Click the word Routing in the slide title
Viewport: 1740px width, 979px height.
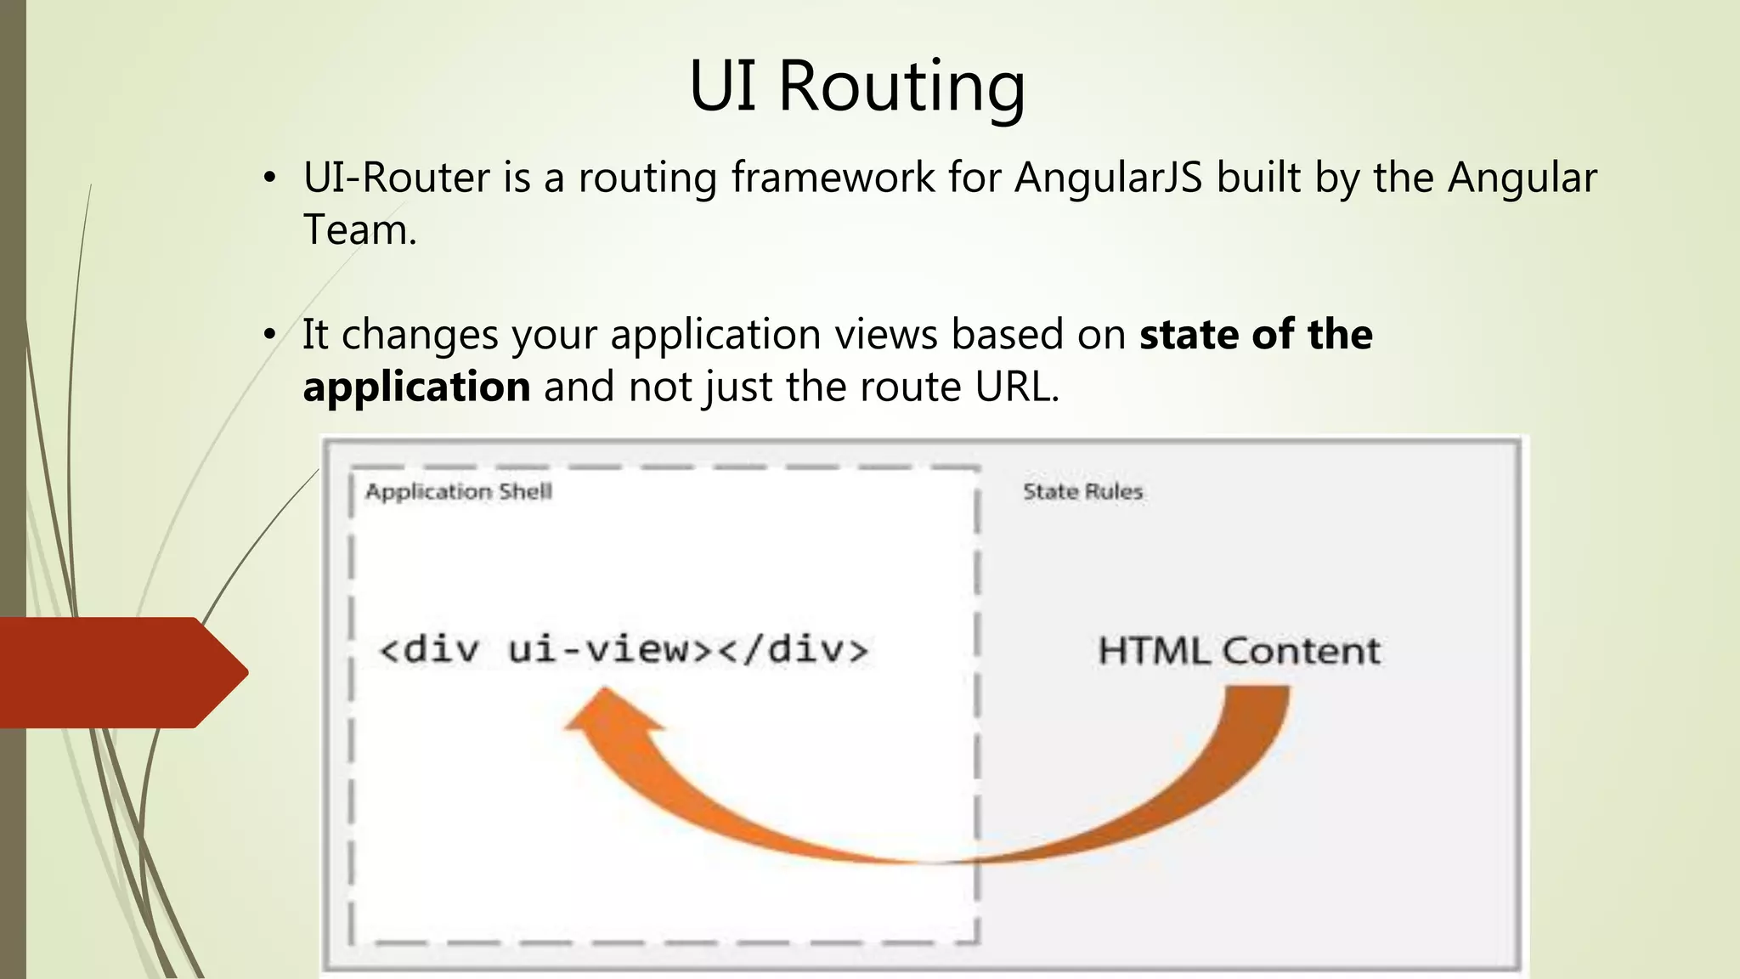click(x=901, y=87)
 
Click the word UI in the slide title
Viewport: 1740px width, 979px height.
click(x=722, y=87)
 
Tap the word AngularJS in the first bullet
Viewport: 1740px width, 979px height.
click(x=1108, y=178)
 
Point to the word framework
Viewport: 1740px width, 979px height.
click(x=833, y=178)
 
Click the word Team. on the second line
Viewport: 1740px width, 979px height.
click(x=360, y=230)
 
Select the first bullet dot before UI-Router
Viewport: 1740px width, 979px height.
click(x=269, y=178)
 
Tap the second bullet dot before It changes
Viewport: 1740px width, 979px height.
click(x=269, y=335)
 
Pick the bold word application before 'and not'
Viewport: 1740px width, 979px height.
click(x=416, y=388)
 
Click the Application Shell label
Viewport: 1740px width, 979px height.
click(x=459, y=492)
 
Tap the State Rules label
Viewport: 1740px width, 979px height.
click(x=1082, y=492)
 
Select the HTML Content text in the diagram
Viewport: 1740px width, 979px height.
click(x=1239, y=652)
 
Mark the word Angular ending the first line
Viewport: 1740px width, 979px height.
click(x=1522, y=178)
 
